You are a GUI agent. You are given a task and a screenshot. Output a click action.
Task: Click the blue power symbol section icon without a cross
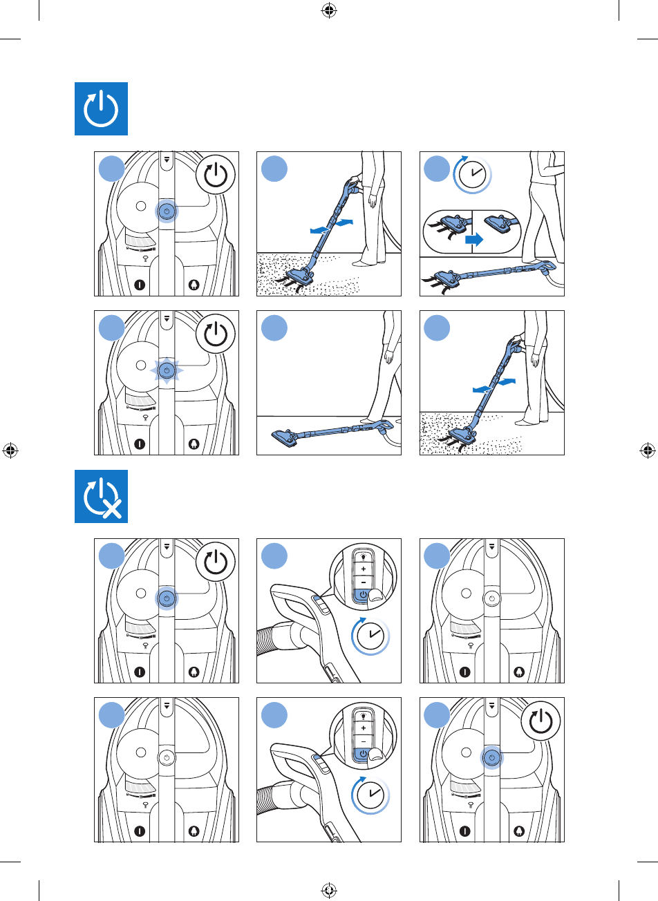click(101, 109)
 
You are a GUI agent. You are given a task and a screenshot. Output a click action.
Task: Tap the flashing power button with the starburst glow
click(166, 371)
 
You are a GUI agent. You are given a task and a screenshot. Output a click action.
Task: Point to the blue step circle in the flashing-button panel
click(111, 329)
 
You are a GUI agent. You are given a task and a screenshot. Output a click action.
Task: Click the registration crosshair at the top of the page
click(329, 10)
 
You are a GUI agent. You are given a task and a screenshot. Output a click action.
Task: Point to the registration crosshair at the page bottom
click(329, 891)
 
